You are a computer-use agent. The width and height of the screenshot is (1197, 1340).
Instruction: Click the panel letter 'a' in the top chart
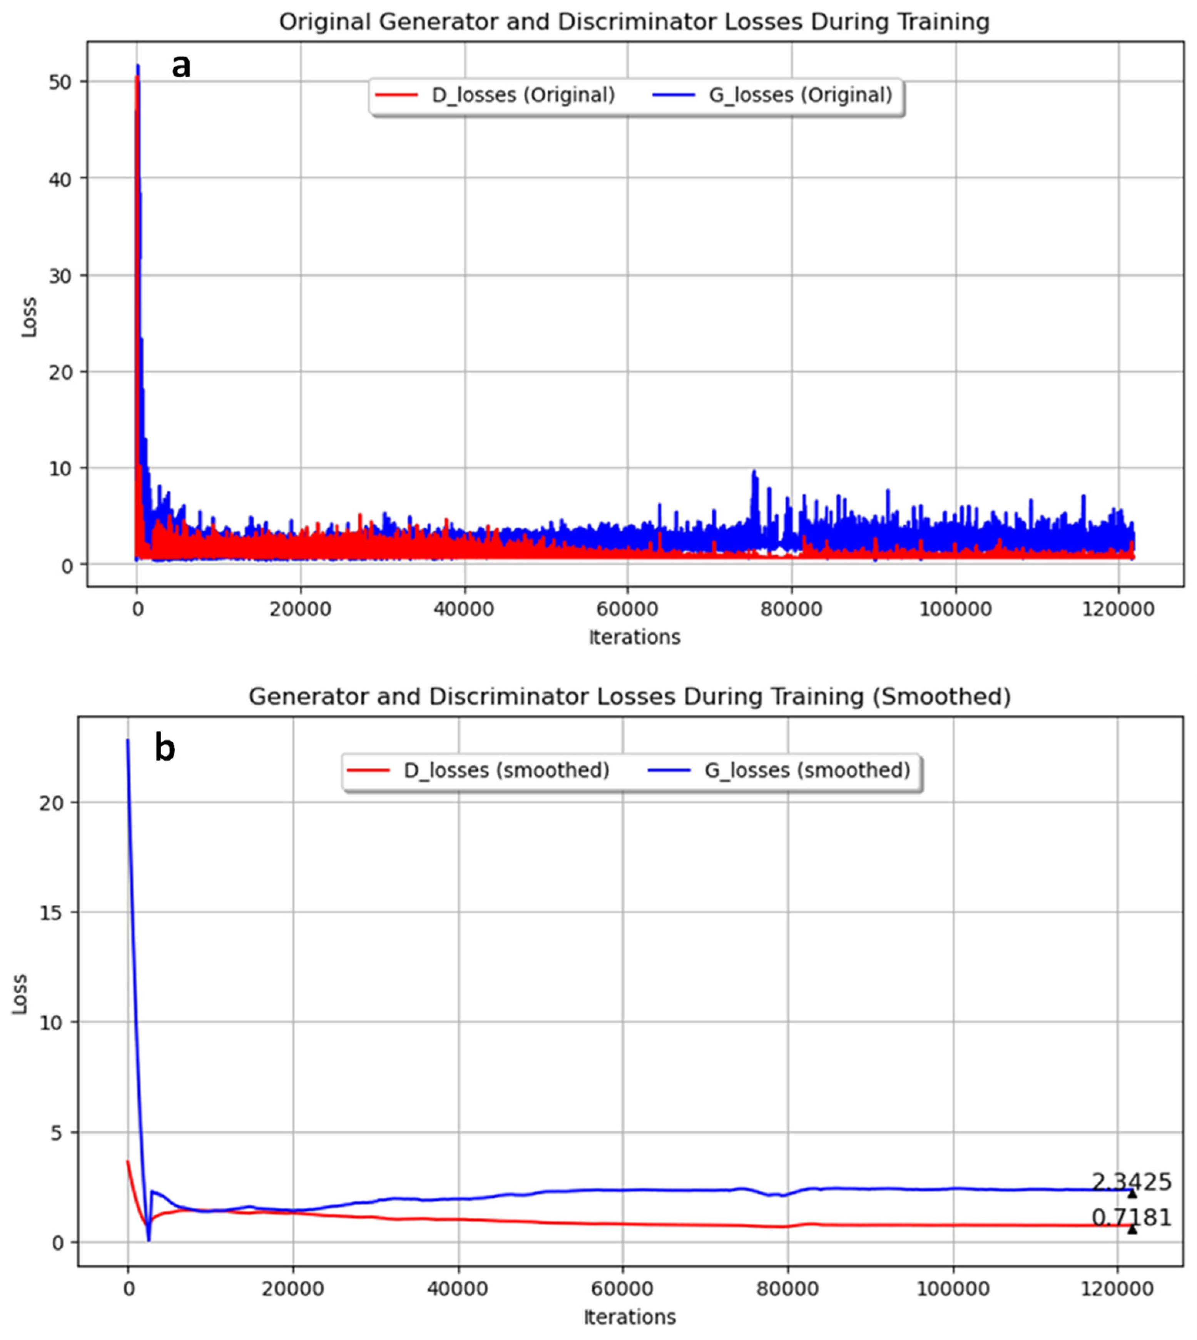click(x=181, y=67)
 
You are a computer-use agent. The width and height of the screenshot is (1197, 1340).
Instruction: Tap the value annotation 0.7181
click(x=1131, y=1218)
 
